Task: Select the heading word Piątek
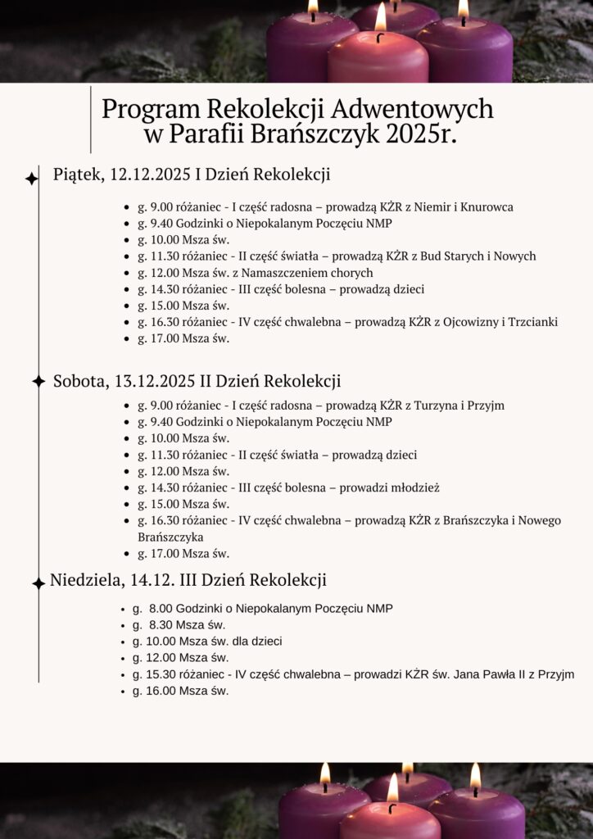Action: tap(78, 175)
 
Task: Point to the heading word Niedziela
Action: tap(87, 580)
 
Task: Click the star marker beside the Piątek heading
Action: tap(32, 178)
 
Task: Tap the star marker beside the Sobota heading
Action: tap(38, 381)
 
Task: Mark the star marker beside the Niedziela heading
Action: tap(38, 583)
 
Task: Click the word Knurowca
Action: tap(487, 206)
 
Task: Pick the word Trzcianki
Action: tap(532, 322)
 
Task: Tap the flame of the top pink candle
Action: tap(380, 17)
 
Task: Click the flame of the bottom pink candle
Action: tap(392, 787)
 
